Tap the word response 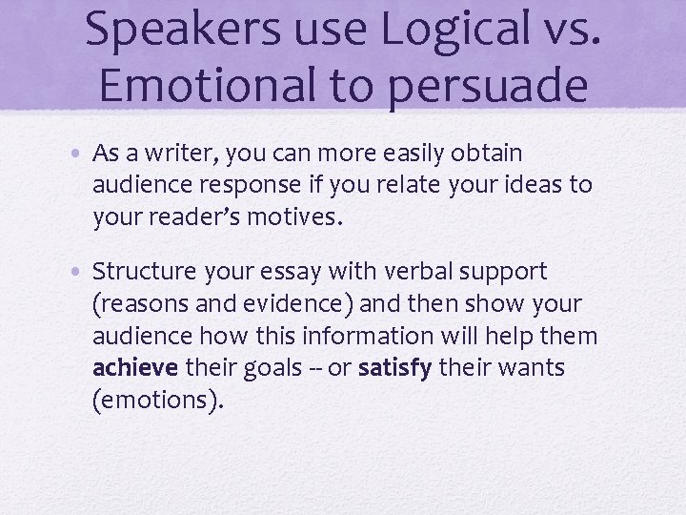coord(238,184)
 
